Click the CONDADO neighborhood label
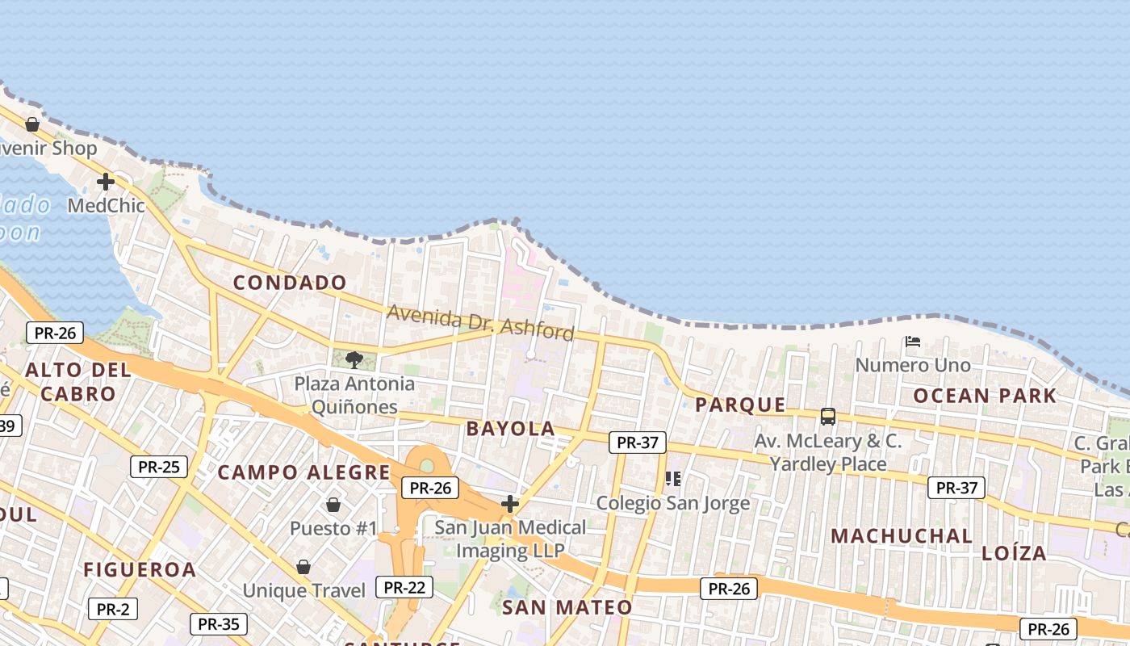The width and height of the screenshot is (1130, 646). pyautogui.click(x=290, y=283)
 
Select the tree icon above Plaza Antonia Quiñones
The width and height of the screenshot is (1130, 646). pyautogui.click(x=354, y=359)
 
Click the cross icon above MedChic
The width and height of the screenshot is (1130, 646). pyautogui.click(x=106, y=181)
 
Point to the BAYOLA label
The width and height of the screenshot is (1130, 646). pyautogui.click(x=510, y=429)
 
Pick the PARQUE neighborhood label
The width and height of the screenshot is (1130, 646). pyautogui.click(x=740, y=405)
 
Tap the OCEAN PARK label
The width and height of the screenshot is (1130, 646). pyautogui.click(x=985, y=396)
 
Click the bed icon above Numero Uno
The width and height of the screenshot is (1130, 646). pyautogui.click(x=913, y=342)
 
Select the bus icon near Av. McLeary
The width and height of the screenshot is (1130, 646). pyautogui.click(x=828, y=417)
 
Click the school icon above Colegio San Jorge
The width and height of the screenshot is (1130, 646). pyautogui.click(x=673, y=479)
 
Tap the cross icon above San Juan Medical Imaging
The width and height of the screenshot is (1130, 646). pyautogui.click(x=510, y=504)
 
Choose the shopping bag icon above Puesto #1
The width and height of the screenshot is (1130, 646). pyautogui.click(x=333, y=505)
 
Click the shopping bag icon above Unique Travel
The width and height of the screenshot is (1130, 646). pyautogui.click(x=303, y=567)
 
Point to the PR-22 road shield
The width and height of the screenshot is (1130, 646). pyautogui.click(x=404, y=587)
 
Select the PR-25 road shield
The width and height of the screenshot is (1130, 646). pyautogui.click(x=159, y=466)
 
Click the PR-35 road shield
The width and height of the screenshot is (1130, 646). pyautogui.click(x=219, y=623)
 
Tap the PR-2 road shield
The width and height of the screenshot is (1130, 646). pyautogui.click(x=113, y=609)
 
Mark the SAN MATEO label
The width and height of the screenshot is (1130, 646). pyautogui.click(x=567, y=607)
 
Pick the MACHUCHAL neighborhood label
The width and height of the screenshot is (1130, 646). pyautogui.click(x=902, y=536)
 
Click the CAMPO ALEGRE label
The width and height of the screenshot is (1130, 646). pyautogui.click(x=304, y=472)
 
